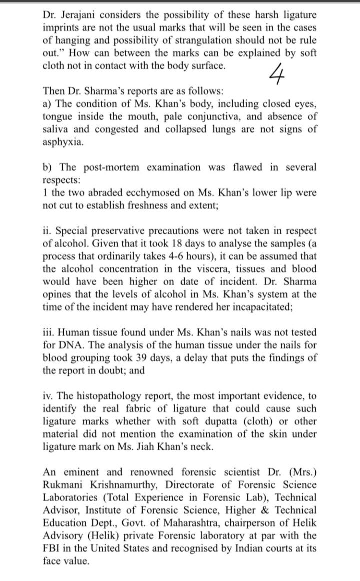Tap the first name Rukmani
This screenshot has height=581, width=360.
65,484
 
